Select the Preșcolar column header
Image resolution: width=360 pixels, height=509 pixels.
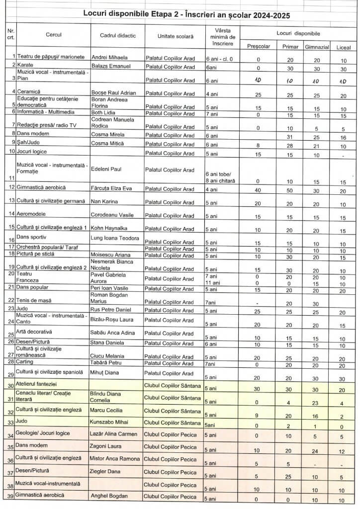coord(258,46)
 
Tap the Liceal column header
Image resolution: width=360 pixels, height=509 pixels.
coord(343,46)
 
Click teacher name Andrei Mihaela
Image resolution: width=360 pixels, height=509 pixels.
coord(110,57)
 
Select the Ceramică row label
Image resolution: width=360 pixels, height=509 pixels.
coord(29,92)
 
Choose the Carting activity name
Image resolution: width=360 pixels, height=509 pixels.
coord(27,362)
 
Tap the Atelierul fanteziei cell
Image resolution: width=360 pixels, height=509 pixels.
coord(37,384)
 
